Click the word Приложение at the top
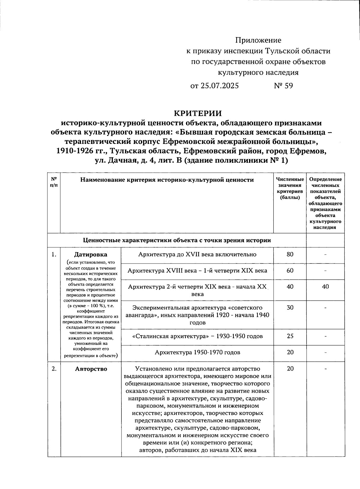pyautogui.click(x=258, y=40)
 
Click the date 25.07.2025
pyautogui.click(x=220, y=86)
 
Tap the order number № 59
pyautogui.click(x=283, y=86)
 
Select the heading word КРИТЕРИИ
pyautogui.click(x=198, y=113)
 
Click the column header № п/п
pyautogui.click(x=54, y=182)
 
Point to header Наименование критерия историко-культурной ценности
pyautogui.click(x=167, y=180)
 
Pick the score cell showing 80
pyautogui.click(x=290, y=255)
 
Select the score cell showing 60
pyautogui.click(x=290, y=271)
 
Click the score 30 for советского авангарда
pyautogui.click(x=290, y=308)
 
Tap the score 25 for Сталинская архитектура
pyautogui.click(x=290, y=336)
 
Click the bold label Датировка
pyautogui.click(x=91, y=255)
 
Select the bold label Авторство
pyautogui.click(x=91, y=369)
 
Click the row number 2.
pyautogui.click(x=54, y=369)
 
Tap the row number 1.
pyautogui.click(x=54, y=255)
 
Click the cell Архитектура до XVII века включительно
pyautogui.click(x=197, y=255)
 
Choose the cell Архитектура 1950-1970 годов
pyautogui.click(x=197, y=352)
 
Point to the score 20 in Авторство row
pyautogui.click(x=290, y=369)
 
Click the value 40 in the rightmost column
pyautogui.click(x=325, y=287)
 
